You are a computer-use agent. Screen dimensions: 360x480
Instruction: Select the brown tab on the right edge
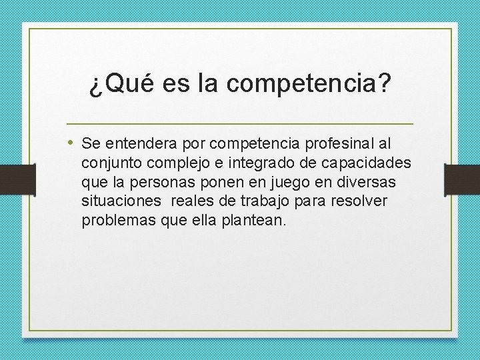click(463, 179)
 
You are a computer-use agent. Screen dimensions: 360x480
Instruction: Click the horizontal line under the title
click(240, 124)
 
